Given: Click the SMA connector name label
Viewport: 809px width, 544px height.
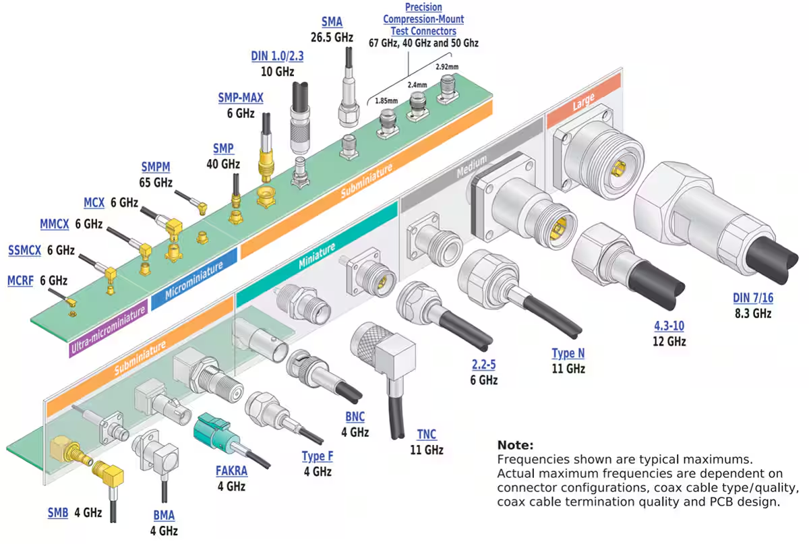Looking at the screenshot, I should pyautogui.click(x=332, y=22).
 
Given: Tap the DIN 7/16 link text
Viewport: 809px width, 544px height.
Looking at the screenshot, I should pyautogui.click(x=752, y=299).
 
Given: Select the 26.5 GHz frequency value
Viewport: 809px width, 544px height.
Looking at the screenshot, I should pyautogui.click(x=332, y=38).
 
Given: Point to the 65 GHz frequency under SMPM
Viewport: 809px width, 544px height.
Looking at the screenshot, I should pyautogui.click(x=156, y=183).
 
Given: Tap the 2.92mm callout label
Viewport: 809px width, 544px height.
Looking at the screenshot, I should pyautogui.click(x=447, y=67).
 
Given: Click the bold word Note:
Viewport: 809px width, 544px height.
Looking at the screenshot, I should pyautogui.click(x=515, y=446).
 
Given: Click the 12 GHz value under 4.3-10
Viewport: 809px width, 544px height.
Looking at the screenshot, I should pyautogui.click(x=669, y=341).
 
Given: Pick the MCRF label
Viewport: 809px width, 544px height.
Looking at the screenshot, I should pyautogui.click(x=20, y=280).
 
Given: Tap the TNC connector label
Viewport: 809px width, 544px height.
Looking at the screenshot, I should pyautogui.click(x=426, y=434).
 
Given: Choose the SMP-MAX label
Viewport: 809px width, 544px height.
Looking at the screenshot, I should pyautogui.click(x=241, y=98).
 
